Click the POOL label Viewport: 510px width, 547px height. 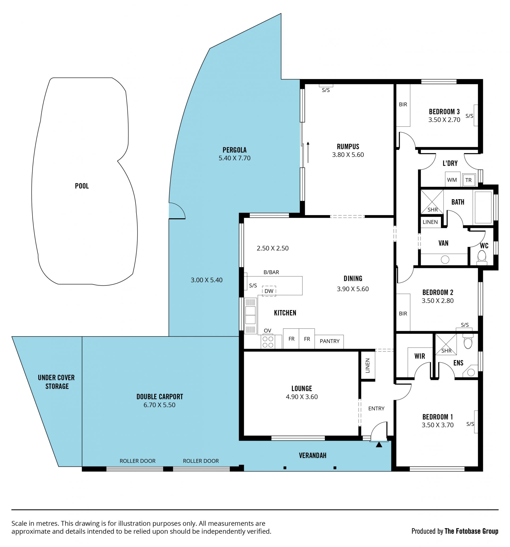pyautogui.click(x=82, y=186)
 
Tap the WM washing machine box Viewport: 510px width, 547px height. pyautogui.click(x=452, y=180)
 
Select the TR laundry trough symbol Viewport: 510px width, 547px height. pyautogui.click(x=469, y=180)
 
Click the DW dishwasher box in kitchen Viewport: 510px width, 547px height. pyautogui.click(x=269, y=291)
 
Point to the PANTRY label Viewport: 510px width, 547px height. pyautogui.click(x=329, y=341)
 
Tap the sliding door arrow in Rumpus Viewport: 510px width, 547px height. pyautogui.click(x=308, y=152)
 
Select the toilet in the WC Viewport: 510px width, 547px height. pyautogui.click(x=482, y=257)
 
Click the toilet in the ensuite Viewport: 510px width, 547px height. pyautogui.click(x=468, y=341)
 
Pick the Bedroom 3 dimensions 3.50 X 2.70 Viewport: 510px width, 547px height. pyautogui.click(x=444, y=120)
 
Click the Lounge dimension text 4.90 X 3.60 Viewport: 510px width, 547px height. pyautogui.click(x=302, y=397)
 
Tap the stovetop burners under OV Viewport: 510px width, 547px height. pyautogui.click(x=268, y=342)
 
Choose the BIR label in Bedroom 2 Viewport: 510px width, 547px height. pyautogui.click(x=403, y=314)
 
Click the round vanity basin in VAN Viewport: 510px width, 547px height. pyautogui.click(x=445, y=259)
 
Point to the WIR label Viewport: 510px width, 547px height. pyautogui.click(x=420, y=356)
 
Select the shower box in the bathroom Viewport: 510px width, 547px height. pyautogui.click(x=432, y=202)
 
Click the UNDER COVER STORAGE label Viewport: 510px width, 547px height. pyautogui.click(x=57, y=382)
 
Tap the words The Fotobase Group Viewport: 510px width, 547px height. pyautogui.click(x=471, y=531)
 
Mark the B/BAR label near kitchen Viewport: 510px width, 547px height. pyautogui.click(x=271, y=272)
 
